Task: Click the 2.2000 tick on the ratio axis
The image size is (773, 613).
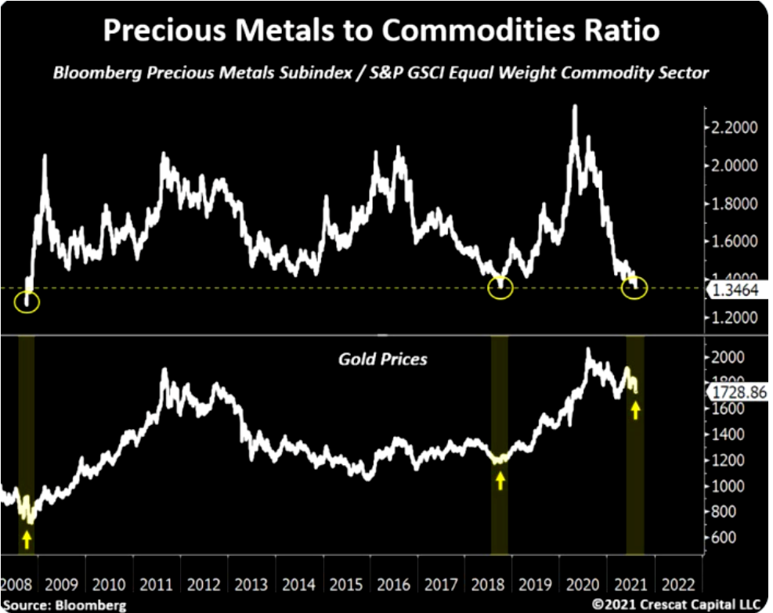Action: tap(734, 128)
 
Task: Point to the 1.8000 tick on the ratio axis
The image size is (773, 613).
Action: tap(734, 204)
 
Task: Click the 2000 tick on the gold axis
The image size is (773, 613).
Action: tap(728, 357)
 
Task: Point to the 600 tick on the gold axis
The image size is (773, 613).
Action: tap(724, 538)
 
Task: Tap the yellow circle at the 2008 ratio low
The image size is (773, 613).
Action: tap(27, 301)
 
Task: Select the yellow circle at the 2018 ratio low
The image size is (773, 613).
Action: tap(500, 288)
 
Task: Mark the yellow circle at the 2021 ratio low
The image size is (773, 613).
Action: tap(634, 288)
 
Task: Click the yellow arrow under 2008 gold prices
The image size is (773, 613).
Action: tap(27, 539)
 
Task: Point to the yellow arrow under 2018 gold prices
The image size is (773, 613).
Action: tap(500, 479)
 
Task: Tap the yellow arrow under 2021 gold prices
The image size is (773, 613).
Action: tap(635, 409)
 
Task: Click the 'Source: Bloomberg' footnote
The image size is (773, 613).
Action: tap(64, 604)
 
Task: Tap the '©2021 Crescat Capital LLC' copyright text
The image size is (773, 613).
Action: tap(677, 604)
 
